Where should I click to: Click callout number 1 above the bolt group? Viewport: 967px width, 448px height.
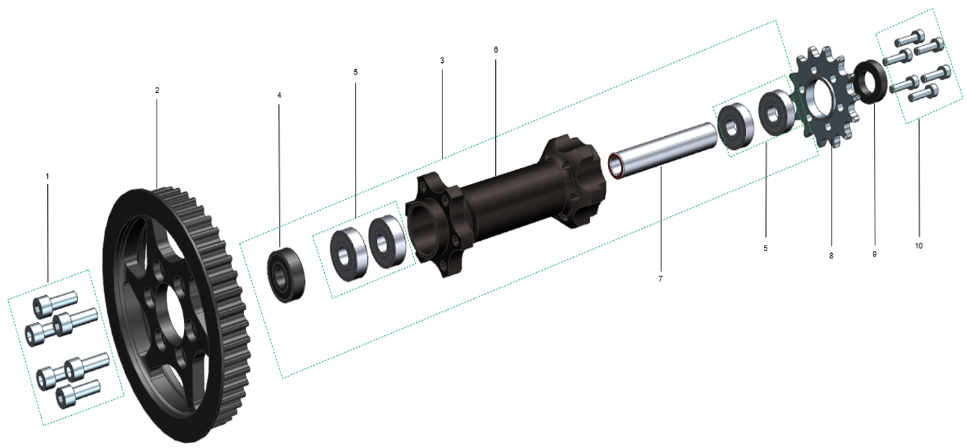[x=47, y=176]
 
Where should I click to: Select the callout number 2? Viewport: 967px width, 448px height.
[x=157, y=90]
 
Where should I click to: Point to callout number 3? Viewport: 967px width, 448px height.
[x=442, y=61]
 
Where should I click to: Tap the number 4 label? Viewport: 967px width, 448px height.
[x=279, y=95]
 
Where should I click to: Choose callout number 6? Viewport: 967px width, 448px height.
[x=496, y=50]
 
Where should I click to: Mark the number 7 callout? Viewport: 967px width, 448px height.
[x=660, y=279]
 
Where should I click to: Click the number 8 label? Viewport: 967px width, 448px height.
[x=831, y=256]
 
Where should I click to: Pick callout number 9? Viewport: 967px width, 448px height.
[x=874, y=254]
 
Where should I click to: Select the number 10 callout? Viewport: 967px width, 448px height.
[x=918, y=246]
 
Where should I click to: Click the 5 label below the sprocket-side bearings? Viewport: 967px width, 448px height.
[x=765, y=248]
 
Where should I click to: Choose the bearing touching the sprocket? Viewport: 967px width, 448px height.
[x=776, y=111]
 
